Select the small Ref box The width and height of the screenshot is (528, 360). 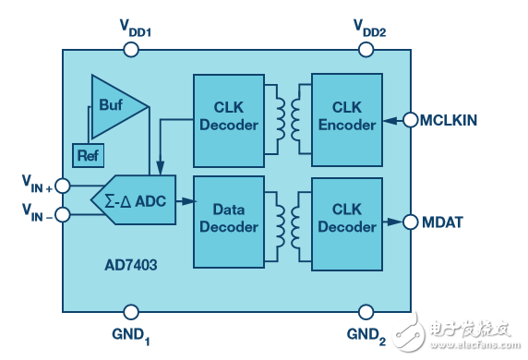tap(88, 155)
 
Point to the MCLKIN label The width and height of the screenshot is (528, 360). tap(456, 119)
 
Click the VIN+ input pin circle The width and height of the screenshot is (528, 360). tap(62, 185)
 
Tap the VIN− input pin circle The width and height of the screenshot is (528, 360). tap(62, 215)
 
